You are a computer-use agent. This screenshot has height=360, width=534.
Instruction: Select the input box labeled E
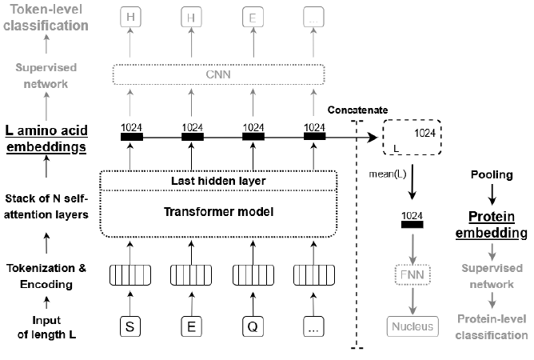(193, 326)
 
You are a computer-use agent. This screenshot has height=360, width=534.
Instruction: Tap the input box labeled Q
(253, 326)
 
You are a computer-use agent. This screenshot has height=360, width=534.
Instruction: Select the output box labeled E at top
(253, 17)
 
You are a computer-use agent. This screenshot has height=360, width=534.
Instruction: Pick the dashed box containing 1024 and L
(412, 137)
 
